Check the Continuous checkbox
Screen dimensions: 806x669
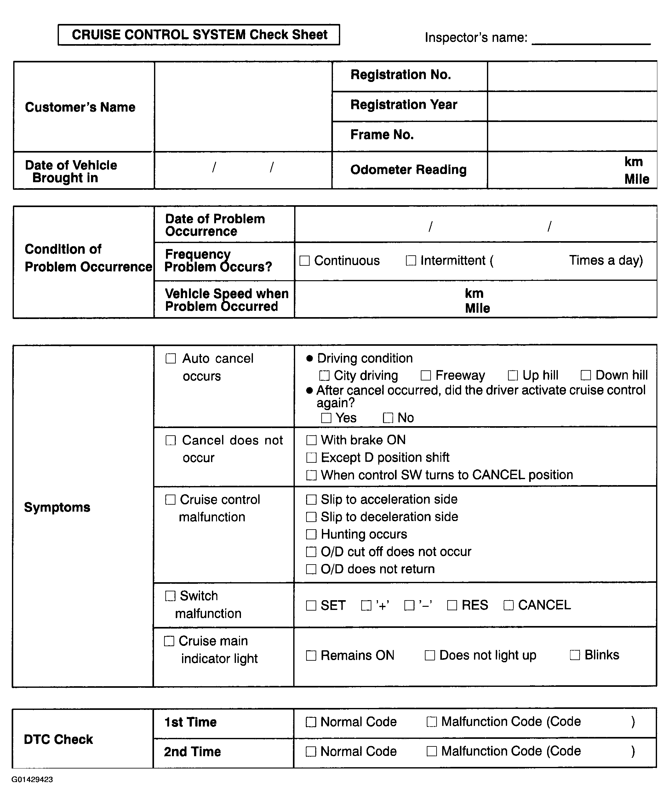(x=304, y=261)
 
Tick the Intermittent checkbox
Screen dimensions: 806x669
(x=411, y=261)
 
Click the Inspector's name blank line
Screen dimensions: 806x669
(x=591, y=38)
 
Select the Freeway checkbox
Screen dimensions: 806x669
(x=426, y=375)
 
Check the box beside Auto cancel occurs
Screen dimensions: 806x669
(x=170, y=358)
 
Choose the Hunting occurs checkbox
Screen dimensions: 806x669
(x=311, y=534)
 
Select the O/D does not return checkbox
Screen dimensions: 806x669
(x=311, y=569)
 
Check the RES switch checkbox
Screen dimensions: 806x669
(x=452, y=605)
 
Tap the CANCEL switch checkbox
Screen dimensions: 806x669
(x=508, y=605)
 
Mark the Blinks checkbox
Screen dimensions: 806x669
(x=575, y=655)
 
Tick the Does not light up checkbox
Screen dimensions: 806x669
(x=430, y=655)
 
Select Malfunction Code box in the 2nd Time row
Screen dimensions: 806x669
(x=432, y=751)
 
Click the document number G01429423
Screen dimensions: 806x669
(x=32, y=780)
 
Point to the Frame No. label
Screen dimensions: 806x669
(x=382, y=135)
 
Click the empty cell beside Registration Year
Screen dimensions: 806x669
(x=572, y=106)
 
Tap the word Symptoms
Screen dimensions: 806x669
(x=57, y=507)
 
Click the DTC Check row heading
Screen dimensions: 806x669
(x=58, y=739)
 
